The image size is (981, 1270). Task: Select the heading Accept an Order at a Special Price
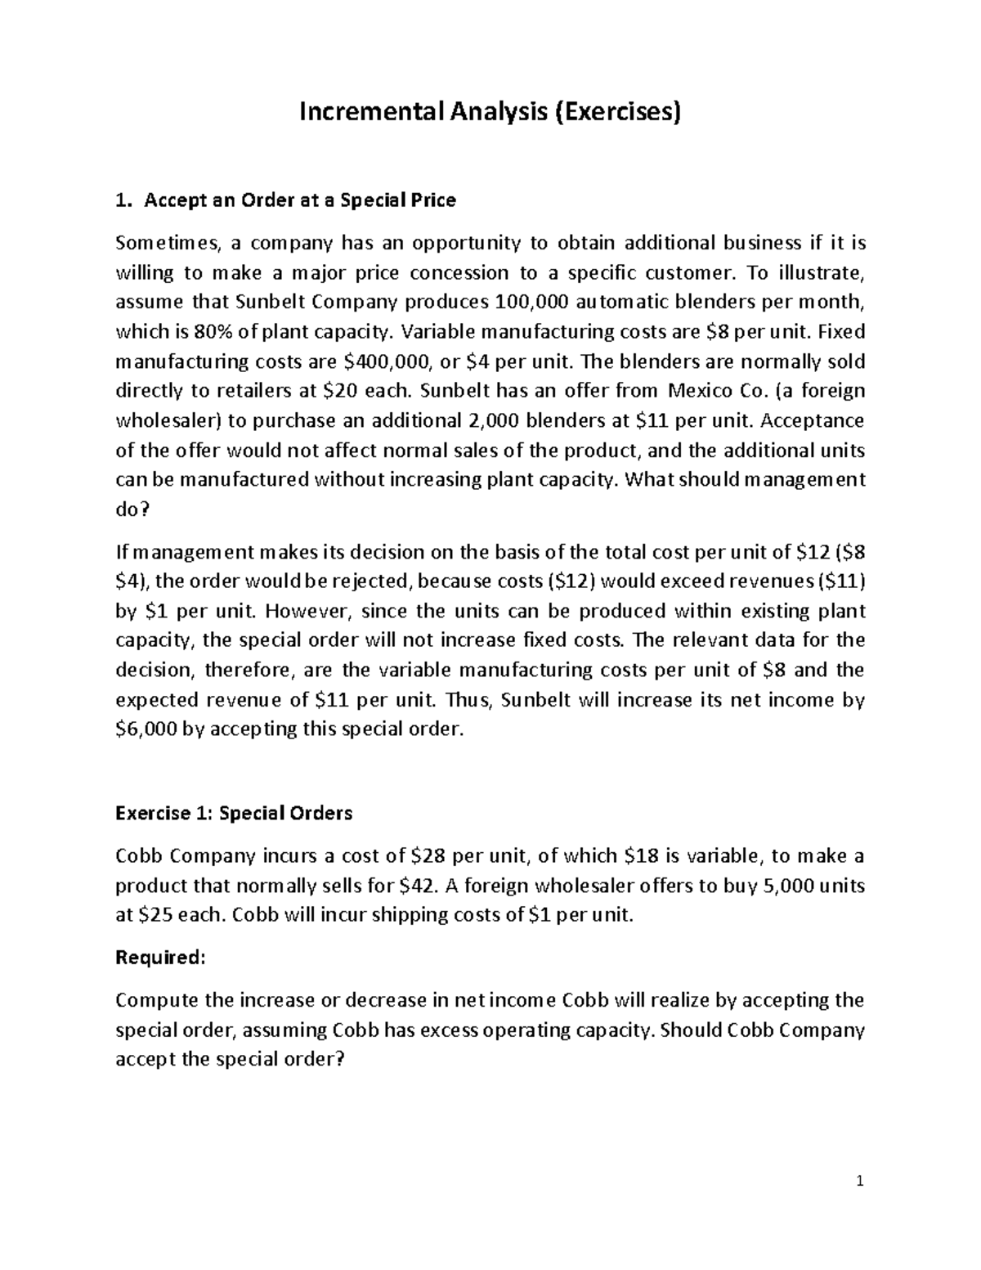(299, 200)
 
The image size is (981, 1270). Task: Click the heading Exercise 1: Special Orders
(234, 814)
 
